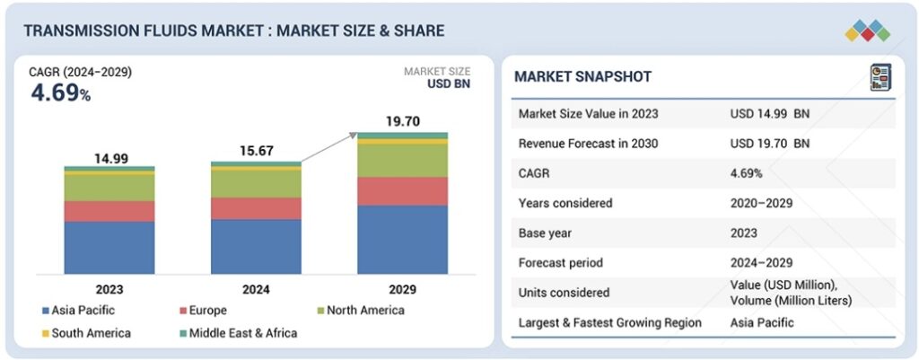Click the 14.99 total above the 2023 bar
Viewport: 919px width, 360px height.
click(x=111, y=158)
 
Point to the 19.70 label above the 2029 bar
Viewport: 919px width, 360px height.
click(x=402, y=121)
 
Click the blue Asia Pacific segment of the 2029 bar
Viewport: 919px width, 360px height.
click(x=402, y=240)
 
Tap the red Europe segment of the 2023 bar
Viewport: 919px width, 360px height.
click(x=109, y=211)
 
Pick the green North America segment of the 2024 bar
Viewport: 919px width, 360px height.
click(x=256, y=184)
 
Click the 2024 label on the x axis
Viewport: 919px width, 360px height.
click(x=256, y=289)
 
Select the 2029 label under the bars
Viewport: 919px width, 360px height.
click(x=402, y=289)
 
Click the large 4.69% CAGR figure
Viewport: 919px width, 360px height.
click(x=60, y=92)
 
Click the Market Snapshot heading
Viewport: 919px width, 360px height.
click(x=582, y=77)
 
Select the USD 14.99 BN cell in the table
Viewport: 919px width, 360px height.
click(x=770, y=113)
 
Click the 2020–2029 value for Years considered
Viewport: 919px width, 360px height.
click(x=761, y=203)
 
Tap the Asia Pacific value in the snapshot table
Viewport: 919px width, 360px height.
click(x=763, y=322)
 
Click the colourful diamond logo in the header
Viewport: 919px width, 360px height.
click(x=866, y=31)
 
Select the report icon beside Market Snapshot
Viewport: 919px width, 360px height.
click(x=880, y=77)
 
